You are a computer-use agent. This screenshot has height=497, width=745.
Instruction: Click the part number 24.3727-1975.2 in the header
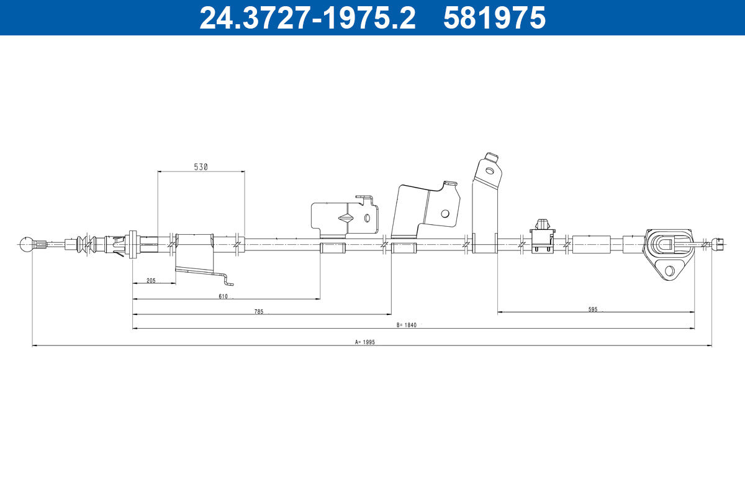307,17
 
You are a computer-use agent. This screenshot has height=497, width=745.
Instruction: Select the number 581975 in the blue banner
494,17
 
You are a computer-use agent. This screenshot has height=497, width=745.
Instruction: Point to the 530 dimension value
201,166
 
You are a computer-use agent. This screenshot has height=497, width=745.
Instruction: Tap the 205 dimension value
151,280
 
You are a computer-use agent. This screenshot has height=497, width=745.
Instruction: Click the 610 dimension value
223,296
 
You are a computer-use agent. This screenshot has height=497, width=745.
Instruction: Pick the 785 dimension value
259,311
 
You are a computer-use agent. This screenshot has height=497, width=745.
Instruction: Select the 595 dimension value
594,309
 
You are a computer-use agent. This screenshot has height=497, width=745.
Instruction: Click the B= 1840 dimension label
406,325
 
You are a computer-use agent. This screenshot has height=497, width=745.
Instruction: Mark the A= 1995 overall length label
365,342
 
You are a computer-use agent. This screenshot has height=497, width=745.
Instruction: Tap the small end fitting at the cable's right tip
720,244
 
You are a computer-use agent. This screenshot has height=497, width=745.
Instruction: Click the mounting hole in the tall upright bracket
489,170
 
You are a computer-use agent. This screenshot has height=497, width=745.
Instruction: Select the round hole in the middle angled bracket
445,213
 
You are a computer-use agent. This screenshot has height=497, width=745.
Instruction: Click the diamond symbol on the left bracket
345,218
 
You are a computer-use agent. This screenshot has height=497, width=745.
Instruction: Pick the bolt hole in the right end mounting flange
669,271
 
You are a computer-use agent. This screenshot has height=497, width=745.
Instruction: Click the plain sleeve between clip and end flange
591,244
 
